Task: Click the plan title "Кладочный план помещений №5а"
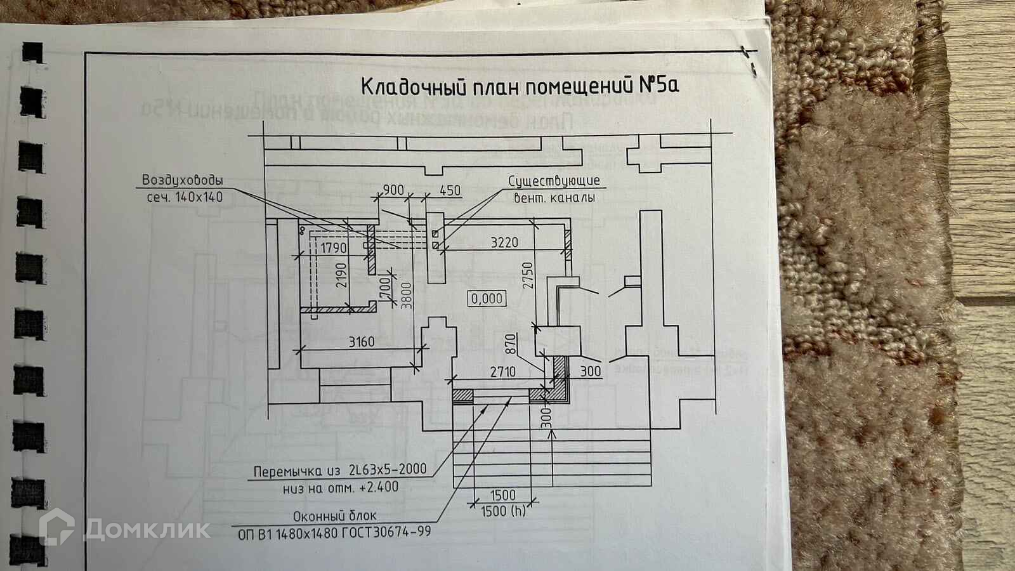[x=520, y=86]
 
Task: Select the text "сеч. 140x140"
[x=185, y=197]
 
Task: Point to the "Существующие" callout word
[x=554, y=181]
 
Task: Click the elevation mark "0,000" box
[x=487, y=298]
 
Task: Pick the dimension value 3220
[x=504, y=242]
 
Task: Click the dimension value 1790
[x=334, y=247]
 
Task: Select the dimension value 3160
[x=361, y=342]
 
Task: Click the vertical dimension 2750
[x=528, y=276]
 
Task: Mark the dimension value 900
[x=393, y=190]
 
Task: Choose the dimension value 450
[x=450, y=190]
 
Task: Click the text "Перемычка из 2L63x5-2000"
[x=339, y=471]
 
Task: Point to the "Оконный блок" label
[x=334, y=516]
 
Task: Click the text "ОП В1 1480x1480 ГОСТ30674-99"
[x=334, y=532]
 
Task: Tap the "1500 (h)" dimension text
[x=503, y=511]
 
